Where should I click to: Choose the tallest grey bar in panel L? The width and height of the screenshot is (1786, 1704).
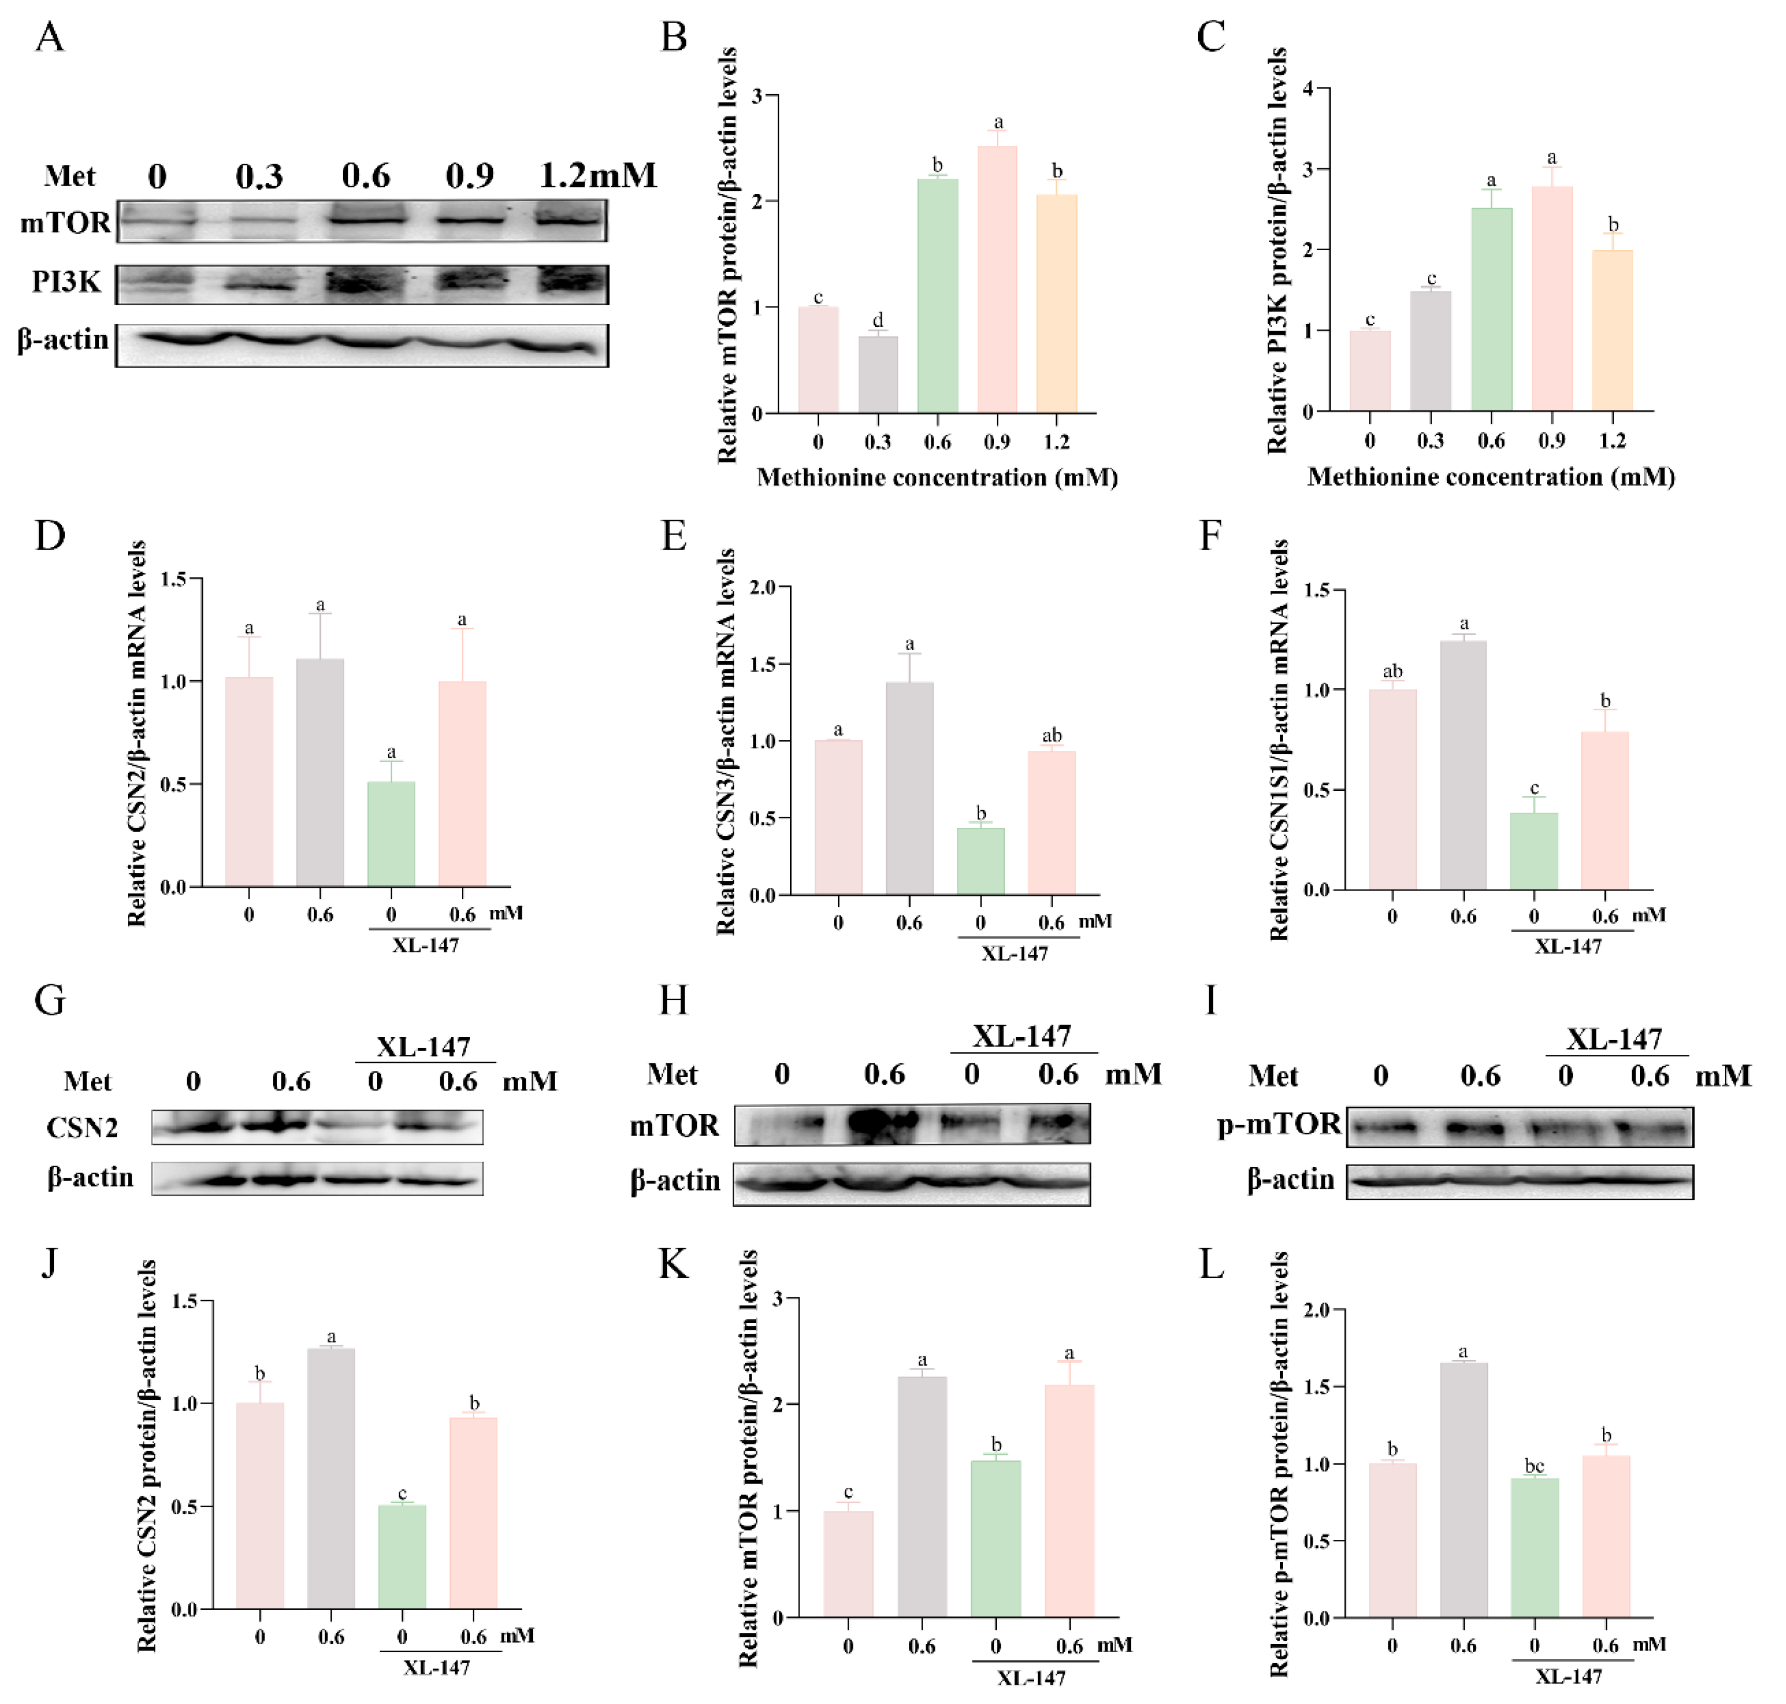click(1464, 1490)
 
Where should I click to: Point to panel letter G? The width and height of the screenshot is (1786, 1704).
click(50, 1001)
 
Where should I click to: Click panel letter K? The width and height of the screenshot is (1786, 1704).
click(673, 1264)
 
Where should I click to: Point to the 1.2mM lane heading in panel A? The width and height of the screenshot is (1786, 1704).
click(598, 175)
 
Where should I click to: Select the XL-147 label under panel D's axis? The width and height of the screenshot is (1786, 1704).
click(425, 945)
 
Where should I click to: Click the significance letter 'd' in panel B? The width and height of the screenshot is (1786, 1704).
click(877, 320)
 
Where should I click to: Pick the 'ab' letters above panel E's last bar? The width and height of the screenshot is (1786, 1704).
click(1051, 735)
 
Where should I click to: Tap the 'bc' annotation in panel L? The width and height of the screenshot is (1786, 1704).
click(1534, 1466)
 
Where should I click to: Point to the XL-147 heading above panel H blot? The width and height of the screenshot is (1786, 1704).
click(1022, 1037)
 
